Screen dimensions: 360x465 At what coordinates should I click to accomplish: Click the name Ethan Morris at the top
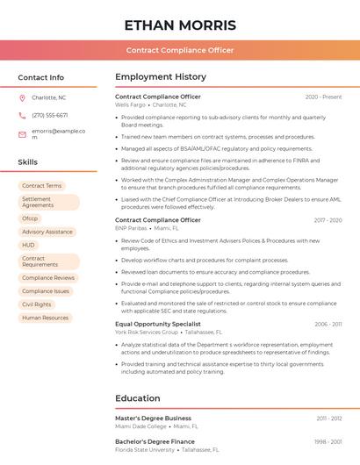click(x=180, y=25)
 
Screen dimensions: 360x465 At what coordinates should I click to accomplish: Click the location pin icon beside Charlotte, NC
click(x=22, y=97)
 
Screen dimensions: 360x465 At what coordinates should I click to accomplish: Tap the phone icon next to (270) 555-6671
click(x=22, y=115)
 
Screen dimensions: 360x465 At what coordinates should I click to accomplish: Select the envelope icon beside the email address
click(x=22, y=133)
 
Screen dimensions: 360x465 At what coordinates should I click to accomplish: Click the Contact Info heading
click(x=40, y=77)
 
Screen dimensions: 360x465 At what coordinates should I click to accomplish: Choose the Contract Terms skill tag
click(x=41, y=186)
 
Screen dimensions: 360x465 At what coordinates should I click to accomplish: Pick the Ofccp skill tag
click(x=30, y=218)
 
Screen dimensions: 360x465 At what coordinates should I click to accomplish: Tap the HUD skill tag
click(x=29, y=245)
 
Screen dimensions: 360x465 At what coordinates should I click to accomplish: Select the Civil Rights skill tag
click(x=36, y=304)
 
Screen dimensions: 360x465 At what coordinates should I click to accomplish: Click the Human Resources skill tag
click(x=45, y=318)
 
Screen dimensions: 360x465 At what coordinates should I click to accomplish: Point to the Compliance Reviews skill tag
click(x=48, y=277)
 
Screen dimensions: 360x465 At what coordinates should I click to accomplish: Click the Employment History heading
click(x=160, y=77)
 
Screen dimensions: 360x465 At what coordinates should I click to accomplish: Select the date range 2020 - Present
click(x=323, y=97)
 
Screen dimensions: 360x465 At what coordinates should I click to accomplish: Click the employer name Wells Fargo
click(x=131, y=104)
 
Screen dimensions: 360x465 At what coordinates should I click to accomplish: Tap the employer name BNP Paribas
click(x=132, y=227)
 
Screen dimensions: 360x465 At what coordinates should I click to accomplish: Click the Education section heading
click(x=137, y=398)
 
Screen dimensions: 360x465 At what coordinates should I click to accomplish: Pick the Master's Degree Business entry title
click(x=153, y=418)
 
